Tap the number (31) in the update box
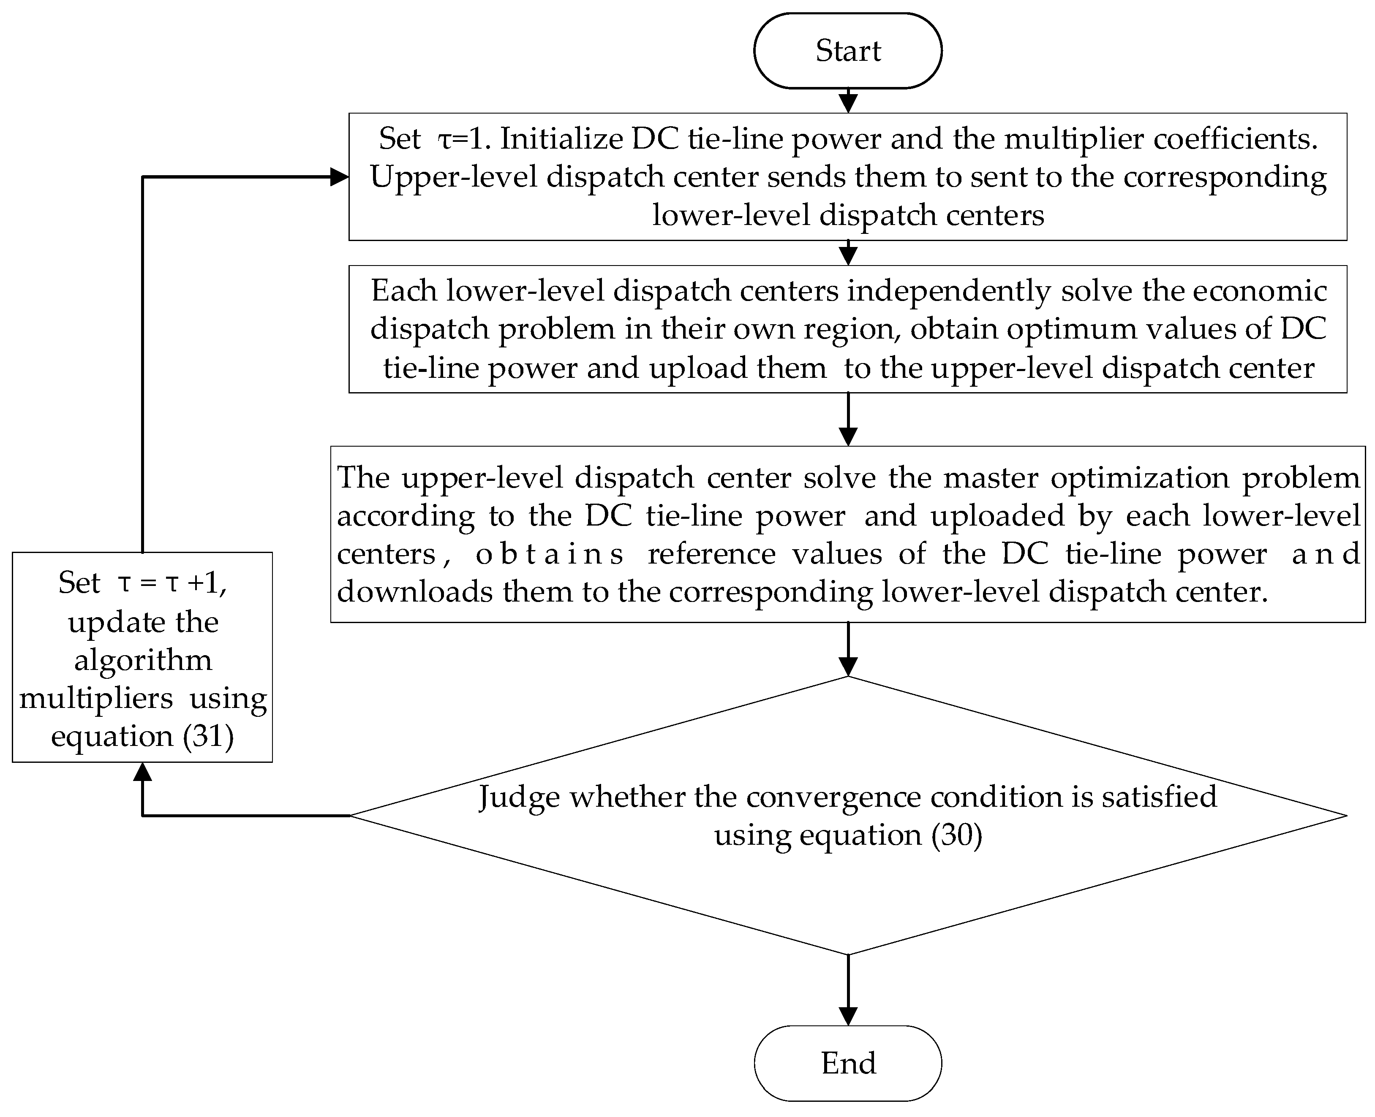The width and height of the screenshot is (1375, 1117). [207, 735]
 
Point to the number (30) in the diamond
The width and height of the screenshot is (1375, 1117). [956, 835]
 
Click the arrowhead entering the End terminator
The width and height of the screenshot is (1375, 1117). [848, 1015]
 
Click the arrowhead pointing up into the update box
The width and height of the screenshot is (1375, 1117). [142, 772]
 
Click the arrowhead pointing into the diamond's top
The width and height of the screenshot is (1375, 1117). [848, 667]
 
